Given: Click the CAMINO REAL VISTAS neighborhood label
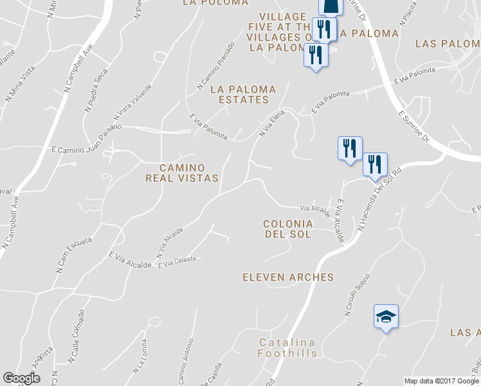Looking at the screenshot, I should tap(181, 173).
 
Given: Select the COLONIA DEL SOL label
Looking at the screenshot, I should tap(287, 229).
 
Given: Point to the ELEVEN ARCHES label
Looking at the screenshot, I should tap(288, 277).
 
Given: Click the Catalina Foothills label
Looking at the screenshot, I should tap(287, 348).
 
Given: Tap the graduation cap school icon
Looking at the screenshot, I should tap(386, 317).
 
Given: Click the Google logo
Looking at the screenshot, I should tap(21, 378).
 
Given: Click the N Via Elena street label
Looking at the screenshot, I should tap(271, 123).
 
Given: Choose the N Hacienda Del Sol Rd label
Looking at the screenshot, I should tap(380, 199).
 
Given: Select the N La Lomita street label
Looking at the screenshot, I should tap(140, 357).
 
